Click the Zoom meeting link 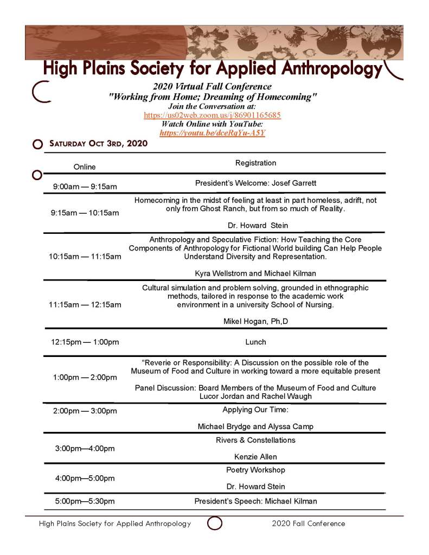(x=212, y=115)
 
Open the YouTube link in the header (x=212, y=132)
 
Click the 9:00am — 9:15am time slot (x=85, y=187)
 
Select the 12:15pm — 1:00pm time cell (x=85, y=342)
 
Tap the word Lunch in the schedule (x=255, y=342)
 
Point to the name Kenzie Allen (x=255, y=456)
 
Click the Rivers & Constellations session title (x=255, y=440)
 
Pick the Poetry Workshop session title (x=255, y=470)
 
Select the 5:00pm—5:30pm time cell (x=85, y=501)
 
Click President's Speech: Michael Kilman (x=255, y=501)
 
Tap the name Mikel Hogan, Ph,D (x=255, y=321)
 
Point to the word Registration (x=255, y=163)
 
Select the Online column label (x=85, y=167)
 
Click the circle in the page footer (x=215, y=524)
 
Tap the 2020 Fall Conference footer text (x=308, y=524)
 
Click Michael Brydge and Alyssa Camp (x=255, y=426)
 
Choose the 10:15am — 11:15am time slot (x=85, y=256)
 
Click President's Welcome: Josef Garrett (x=255, y=183)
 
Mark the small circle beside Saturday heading (x=37, y=144)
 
